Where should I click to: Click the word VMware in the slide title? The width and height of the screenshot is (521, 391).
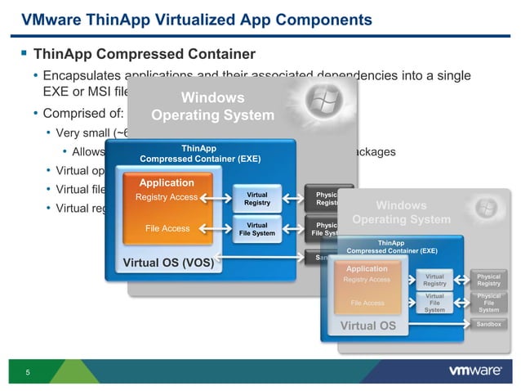point(51,19)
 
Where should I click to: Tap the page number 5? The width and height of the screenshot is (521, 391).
point(28,374)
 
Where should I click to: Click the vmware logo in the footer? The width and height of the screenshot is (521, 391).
point(475,371)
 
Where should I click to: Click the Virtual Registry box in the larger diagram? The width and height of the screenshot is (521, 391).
point(257,198)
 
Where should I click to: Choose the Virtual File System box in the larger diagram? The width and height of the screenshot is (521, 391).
point(257,229)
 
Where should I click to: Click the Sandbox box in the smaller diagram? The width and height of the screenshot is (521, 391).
point(488,325)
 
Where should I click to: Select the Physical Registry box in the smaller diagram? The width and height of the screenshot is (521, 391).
point(488,280)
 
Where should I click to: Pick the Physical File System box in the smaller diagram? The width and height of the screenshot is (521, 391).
point(488,303)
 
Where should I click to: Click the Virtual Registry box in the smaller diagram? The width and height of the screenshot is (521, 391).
point(434,280)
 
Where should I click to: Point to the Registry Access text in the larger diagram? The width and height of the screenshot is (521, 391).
point(167,197)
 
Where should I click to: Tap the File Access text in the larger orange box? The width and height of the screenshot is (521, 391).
point(167,229)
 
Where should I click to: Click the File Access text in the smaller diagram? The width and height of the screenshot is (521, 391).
point(367,303)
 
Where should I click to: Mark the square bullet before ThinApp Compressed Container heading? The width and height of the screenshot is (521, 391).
point(23,54)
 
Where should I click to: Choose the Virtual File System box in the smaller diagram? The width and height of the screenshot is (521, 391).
point(434,303)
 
